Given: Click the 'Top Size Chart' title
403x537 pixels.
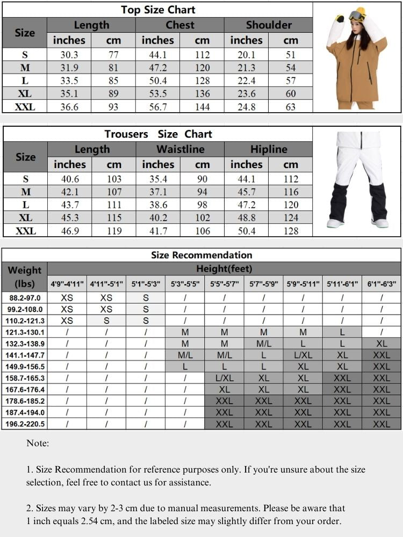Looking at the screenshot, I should (158, 10).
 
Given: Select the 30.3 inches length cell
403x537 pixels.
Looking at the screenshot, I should (69, 55).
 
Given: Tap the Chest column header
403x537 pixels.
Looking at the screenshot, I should (180, 25).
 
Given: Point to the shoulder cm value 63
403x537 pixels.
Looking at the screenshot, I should (291, 106).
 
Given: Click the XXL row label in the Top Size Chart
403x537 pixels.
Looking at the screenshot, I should (25, 106).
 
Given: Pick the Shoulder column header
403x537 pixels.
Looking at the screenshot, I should (269, 25).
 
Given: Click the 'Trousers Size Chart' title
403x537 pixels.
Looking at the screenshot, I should (158, 134).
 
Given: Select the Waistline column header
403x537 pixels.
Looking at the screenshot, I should (180, 149).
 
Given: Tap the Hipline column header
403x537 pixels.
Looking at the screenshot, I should (269, 149).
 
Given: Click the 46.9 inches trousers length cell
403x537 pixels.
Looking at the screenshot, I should (69, 231).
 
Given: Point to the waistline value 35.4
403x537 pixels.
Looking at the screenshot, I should (158, 179).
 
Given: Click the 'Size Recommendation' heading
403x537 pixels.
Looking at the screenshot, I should (201, 255).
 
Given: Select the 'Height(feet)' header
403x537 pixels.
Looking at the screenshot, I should (224, 268).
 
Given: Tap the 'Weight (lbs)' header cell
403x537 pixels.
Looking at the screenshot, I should (25, 276).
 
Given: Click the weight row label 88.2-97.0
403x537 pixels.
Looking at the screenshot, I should (25, 297).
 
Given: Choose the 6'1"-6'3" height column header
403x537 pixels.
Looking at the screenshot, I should (382, 284).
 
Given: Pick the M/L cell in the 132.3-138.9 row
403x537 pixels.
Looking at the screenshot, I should (264, 344).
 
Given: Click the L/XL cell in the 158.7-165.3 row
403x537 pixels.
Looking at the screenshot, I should (225, 378).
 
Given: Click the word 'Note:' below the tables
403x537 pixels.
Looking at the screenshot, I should (38, 444).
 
